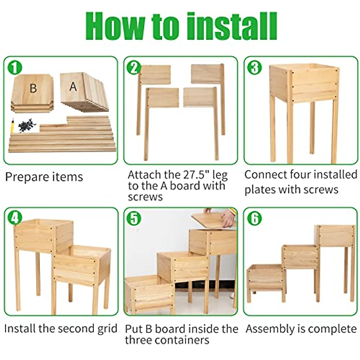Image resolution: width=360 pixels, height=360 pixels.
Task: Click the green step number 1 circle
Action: pyautogui.click(x=15, y=68)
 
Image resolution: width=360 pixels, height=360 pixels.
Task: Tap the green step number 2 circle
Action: pyautogui.click(x=134, y=68)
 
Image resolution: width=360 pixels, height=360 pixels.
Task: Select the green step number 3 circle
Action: pyautogui.click(x=254, y=68)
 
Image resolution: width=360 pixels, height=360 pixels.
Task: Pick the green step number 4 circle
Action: pyautogui.click(x=15, y=218)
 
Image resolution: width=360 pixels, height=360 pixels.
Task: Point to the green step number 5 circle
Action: pyautogui.click(x=134, y=218)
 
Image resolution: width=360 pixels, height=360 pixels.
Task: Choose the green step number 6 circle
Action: pyautogui.click(x=254, y=218)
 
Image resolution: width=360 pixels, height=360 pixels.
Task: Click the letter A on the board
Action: pyautogui.click(x=73, y=87)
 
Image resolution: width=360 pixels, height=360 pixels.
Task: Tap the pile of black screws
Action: pyautogui.click(x=27, y=125)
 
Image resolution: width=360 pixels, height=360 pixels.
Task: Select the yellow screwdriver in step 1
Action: pyautogui.click(x=12, y=126)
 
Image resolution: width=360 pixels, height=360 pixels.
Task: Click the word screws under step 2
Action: pyautogui.click(x=145, y=197)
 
